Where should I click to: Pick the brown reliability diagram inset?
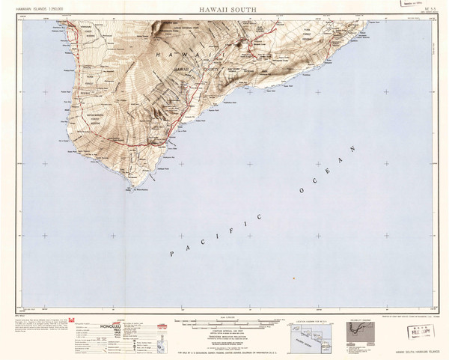pyautogui.click(x=362, y=329)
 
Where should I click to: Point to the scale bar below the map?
pyautogui.click(x=224, y=317)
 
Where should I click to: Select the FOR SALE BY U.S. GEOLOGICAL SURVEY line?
pyautogui.click(x=224, y=352)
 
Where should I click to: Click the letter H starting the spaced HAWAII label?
pyautogui.click(x=159, y=56)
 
